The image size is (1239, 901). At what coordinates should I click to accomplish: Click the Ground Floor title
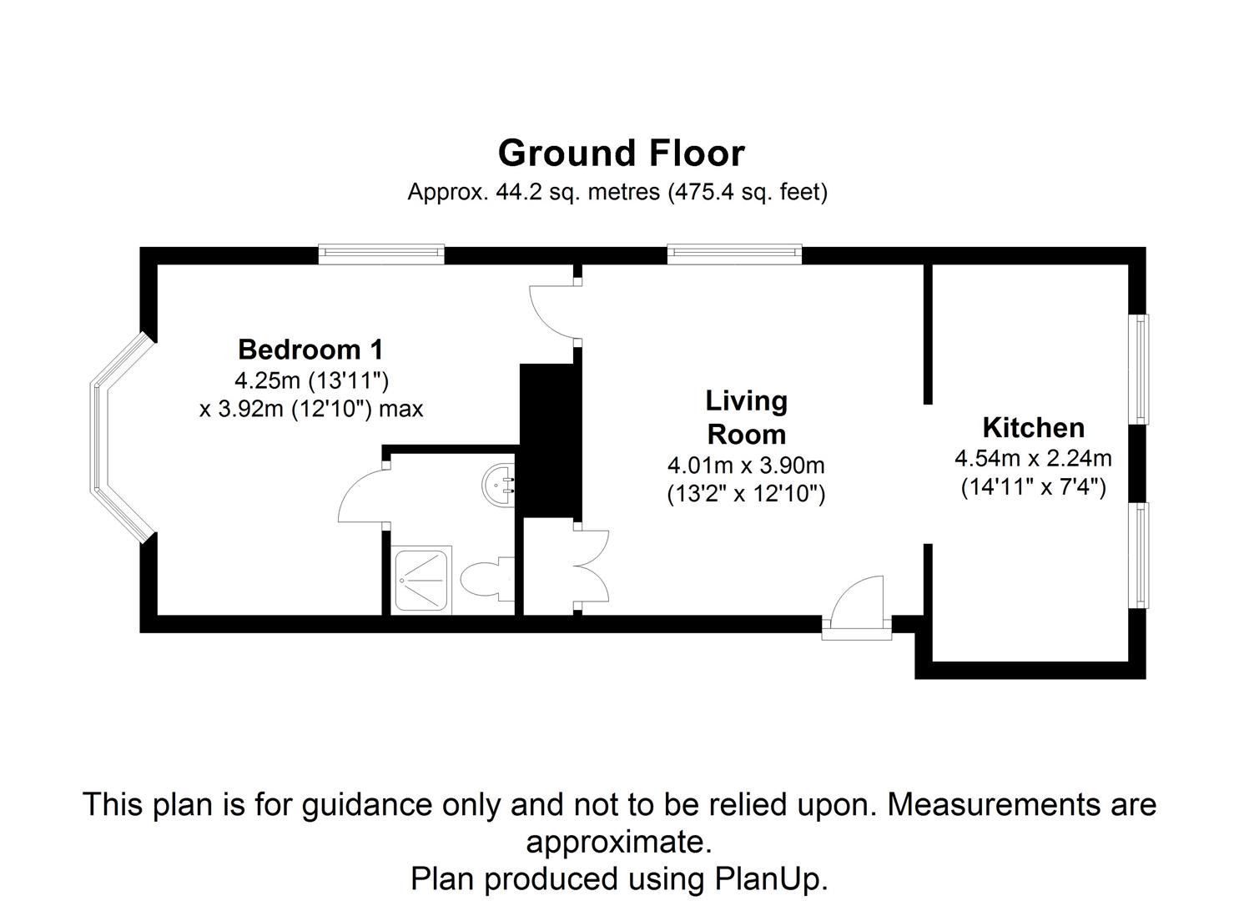pyautogui.click(x=621, y=154)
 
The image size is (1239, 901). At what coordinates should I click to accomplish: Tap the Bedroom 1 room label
pyautogui.click(x=310, y=349)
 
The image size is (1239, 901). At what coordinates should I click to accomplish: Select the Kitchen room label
pyautogui.click(x=1033, y=428)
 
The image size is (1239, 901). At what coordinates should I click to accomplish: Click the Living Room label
pyautogui.click(x=746, y=417)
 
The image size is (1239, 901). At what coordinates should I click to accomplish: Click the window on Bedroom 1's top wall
pyautogui.click(x=380, y=254)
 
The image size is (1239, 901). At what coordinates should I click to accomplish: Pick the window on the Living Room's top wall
pyautogui.click(x=733, y=254)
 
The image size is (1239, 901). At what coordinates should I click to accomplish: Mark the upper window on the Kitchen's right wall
pyautogui.click(x=1138, y=368)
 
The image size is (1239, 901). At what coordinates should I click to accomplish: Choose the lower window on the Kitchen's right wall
pyautogui.click(x=1138, y=555)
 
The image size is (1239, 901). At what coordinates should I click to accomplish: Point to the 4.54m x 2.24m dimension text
pyautogui.click(x=1033, y=458)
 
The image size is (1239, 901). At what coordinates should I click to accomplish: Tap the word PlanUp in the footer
pyautogui.click(x=769, y=878)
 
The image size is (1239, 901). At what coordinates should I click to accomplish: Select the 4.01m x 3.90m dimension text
pyautogui.click(x=746, y=465)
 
